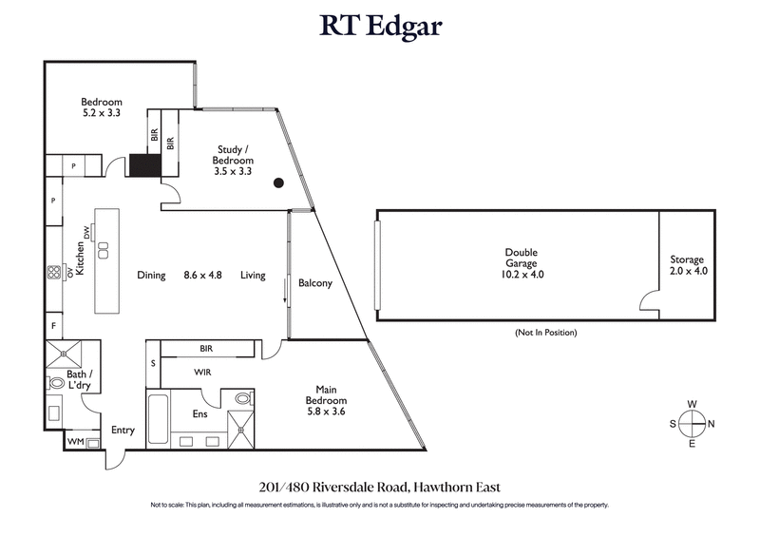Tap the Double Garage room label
coord(522,263)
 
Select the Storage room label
coord(687,264)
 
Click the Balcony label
coord(314,282)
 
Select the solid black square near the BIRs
coord(146,165)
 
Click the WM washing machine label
coord(74,442)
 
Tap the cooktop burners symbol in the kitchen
coord(53,272)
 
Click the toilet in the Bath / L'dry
coord(56,384)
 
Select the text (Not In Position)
coord(545,333)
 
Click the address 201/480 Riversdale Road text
coord(380,485)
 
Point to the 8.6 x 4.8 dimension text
coord(201,276)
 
